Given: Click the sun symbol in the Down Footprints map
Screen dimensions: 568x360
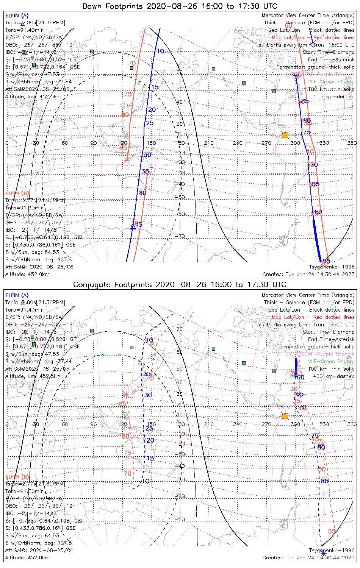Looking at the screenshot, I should (285, 135).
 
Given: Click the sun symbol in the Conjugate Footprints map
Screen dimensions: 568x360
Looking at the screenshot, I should (285, 416).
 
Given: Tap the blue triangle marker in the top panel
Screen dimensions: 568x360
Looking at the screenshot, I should (133, 226).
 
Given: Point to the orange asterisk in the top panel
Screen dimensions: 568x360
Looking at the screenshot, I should (127, 160).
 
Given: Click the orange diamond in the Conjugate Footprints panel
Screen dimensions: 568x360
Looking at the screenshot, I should (151, 378).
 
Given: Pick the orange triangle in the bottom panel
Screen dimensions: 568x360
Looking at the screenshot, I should (321, 442).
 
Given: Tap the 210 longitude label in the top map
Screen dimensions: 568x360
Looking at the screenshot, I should (209, 143).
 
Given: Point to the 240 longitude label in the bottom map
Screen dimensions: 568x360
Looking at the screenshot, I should (238, 424).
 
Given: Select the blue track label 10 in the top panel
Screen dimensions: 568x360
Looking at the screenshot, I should (160, 51).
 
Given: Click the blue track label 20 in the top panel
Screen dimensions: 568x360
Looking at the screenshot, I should (152, 110).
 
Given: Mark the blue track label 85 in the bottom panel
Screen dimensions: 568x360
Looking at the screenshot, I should (324, 481).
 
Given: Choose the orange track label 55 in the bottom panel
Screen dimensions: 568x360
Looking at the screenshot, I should (332, 531).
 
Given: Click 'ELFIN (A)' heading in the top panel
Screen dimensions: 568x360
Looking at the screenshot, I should (17, 16).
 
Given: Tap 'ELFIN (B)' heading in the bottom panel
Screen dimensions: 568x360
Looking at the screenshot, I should (17, 476).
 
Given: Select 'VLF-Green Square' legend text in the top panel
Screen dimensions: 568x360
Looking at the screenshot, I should (331, 82).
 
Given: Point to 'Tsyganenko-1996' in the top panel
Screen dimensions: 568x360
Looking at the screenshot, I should (332, 267).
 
